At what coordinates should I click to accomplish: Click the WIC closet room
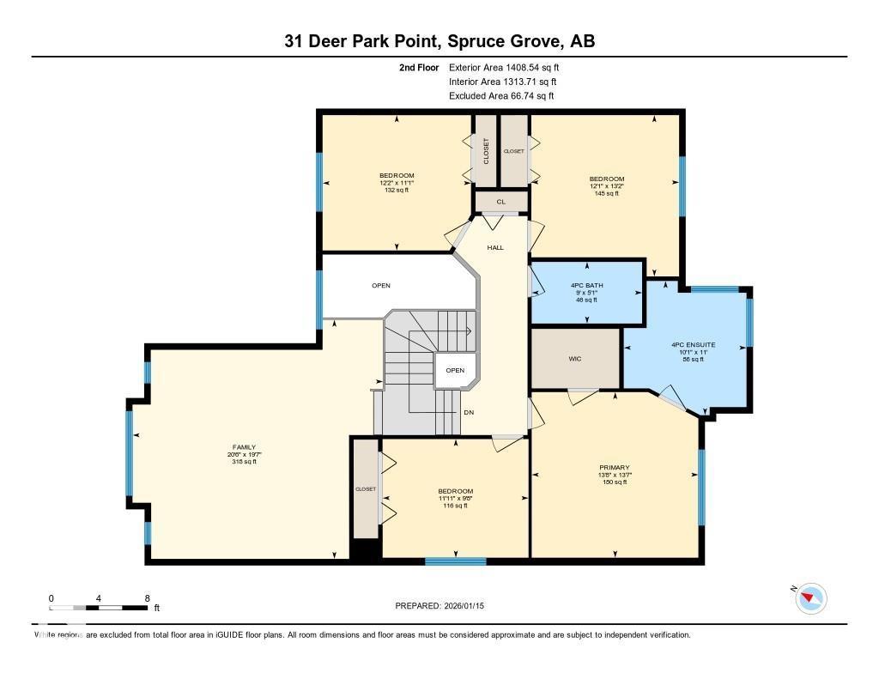(x=575, y=358)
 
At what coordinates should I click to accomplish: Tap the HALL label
(x=495, y=247)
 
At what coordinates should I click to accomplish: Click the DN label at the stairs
(x=469, y=413)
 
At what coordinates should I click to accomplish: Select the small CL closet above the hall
(x=500, y=202)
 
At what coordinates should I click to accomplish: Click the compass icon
(x=810, y=597)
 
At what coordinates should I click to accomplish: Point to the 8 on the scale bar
(x=147, y=597)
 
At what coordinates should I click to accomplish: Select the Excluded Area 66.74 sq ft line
(x=501, y=96)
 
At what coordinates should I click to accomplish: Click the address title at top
(x=439, y=41)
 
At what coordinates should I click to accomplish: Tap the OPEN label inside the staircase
(x=455, y=371)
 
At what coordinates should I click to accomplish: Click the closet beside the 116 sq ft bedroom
(x=366, y=489)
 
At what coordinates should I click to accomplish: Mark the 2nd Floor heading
(x=419, y=67)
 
